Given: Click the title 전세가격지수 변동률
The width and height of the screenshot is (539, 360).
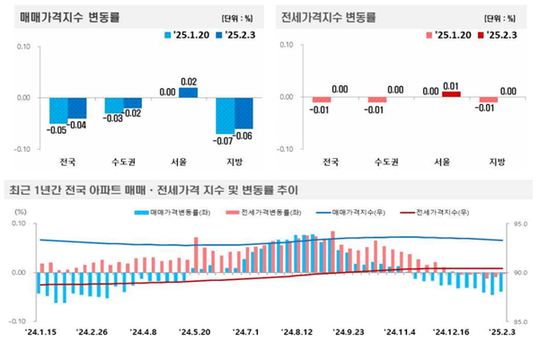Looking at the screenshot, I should [328, 17].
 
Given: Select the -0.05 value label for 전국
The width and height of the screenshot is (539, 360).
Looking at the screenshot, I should [57, 130].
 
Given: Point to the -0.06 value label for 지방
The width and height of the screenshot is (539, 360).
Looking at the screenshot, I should [245, 135].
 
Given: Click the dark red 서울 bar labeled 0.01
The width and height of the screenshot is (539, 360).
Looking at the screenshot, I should [451, 94].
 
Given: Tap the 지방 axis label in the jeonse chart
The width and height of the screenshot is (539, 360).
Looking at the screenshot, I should [497, 162].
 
